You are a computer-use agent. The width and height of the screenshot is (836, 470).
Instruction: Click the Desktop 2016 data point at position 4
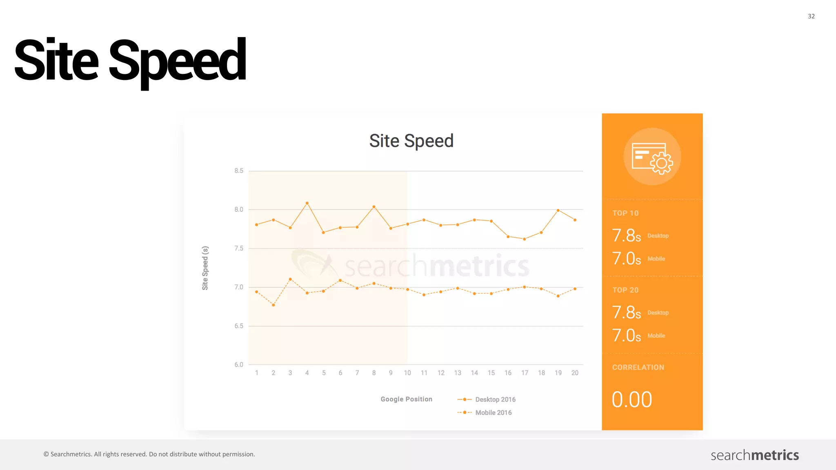(307, 203)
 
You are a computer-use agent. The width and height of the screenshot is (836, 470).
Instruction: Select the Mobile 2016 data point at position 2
(273, 305)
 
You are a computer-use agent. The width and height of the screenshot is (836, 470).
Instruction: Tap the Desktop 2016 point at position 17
(525, 239)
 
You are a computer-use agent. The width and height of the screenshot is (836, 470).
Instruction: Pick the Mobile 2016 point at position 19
(558, 296)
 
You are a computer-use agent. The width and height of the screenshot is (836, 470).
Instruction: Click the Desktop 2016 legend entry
(487, 399)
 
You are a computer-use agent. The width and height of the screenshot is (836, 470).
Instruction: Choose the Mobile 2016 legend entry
(485, 412)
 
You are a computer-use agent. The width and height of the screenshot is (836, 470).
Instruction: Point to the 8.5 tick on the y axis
(239, 171)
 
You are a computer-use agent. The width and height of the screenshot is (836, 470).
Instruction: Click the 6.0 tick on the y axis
(239, 364)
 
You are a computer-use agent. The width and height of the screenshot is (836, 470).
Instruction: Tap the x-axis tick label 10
(407, 373)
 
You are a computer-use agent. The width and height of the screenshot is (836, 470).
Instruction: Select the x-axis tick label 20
(575, 373)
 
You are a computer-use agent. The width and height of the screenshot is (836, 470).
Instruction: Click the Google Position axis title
(406, 399)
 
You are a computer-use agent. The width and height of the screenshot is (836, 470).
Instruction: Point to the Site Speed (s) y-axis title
(205, 268)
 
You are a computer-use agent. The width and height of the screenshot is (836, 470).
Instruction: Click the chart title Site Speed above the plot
(411, 141)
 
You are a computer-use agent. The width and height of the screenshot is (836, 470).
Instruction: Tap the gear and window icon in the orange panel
(652, 157)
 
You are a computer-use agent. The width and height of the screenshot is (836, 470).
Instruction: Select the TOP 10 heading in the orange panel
(625, 213)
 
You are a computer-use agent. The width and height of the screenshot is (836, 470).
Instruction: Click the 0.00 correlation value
(631, 399)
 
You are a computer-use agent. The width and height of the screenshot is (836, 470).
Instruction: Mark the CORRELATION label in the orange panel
(638, 367)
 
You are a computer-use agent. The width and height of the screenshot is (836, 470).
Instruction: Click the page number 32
(811, 16)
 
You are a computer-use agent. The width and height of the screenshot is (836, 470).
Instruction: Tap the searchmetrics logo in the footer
(754, 455)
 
